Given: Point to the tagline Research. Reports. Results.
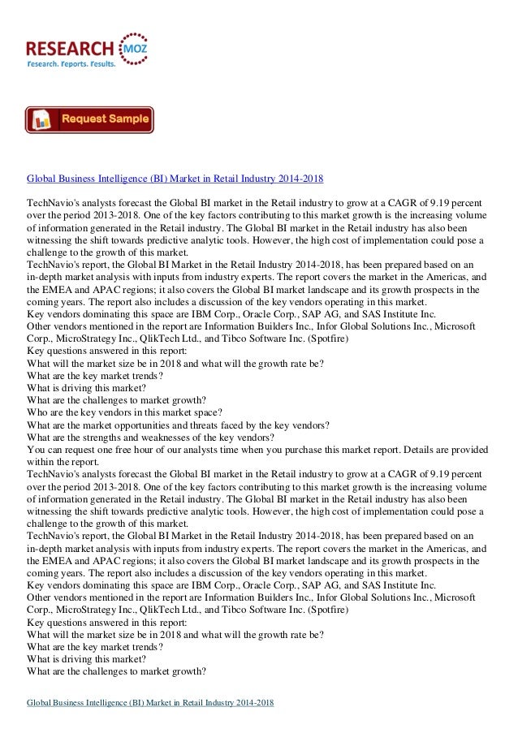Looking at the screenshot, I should click(x=71, y=64).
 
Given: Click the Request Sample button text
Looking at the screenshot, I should click(x=106, y=119).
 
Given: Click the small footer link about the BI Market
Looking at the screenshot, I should click(x=150, y=702).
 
